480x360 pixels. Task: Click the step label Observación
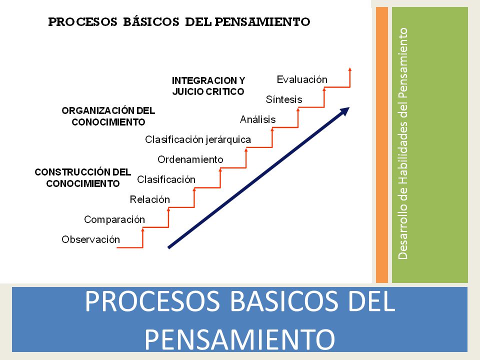(90, 239)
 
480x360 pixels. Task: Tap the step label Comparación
(114, 220)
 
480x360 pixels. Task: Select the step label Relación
(149, 199)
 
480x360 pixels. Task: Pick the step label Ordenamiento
(190, 159)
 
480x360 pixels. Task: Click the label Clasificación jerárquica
(198, 140)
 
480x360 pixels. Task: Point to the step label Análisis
(258, 119)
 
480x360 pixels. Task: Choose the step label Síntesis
(284, 99)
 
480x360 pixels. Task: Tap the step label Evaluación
(302, 79)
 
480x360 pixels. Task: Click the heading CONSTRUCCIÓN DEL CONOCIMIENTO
(83, 178)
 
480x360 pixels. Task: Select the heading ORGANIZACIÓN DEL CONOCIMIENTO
(108, 116)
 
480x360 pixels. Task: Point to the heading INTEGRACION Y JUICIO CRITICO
(208, 86)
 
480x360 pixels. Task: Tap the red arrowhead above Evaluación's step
(350, 69)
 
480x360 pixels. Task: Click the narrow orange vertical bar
(381, 145)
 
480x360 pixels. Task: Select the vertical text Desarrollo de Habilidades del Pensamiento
(403, 144)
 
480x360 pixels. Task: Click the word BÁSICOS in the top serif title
(151, 21)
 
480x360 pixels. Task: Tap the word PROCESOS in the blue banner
(152, 301)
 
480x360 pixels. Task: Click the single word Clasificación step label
(166, 179)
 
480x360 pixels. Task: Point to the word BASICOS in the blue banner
(284, 301)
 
